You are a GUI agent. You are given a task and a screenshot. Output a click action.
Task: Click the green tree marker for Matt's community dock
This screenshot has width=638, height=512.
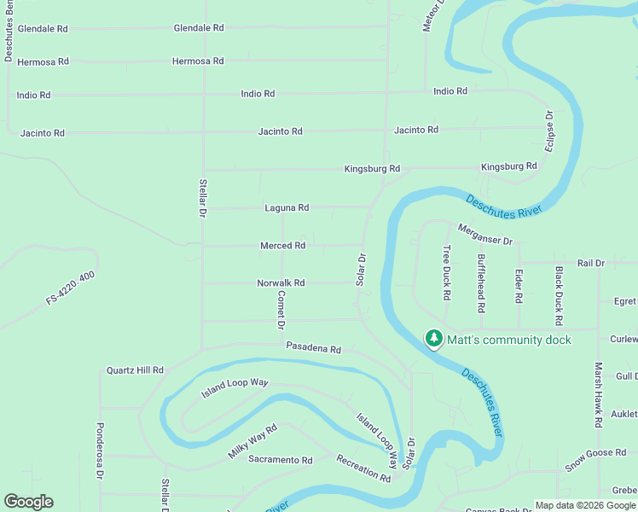[434, 340]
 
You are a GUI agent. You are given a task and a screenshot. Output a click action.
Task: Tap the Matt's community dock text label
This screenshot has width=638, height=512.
[510, 340]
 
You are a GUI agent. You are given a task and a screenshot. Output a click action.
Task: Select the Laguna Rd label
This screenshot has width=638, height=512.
[287, 207]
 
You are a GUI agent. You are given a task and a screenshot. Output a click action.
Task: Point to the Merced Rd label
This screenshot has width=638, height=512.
[282, 246]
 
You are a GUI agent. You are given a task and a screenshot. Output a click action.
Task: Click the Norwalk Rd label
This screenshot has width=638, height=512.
[281, 283]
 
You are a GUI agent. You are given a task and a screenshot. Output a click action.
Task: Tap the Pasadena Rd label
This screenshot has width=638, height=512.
[313, 349]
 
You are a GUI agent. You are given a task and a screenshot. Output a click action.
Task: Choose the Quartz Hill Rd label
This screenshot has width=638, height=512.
[135, 370]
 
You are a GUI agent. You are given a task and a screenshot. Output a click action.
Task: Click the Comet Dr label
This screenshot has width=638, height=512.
[281, 310]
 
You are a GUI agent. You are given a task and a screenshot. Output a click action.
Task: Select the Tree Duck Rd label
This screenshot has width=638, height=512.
[446, 273]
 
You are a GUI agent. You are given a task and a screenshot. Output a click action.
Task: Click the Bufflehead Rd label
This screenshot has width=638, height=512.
[482, 282]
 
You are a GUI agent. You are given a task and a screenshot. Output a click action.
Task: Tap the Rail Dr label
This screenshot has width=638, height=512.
[590, 264]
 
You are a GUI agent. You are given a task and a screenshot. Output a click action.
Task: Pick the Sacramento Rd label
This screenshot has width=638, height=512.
[281, 460]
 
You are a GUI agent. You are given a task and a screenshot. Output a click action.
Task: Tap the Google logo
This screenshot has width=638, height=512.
[28, 502]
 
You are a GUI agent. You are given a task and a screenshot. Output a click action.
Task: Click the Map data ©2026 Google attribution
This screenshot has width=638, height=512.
[585, 505]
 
